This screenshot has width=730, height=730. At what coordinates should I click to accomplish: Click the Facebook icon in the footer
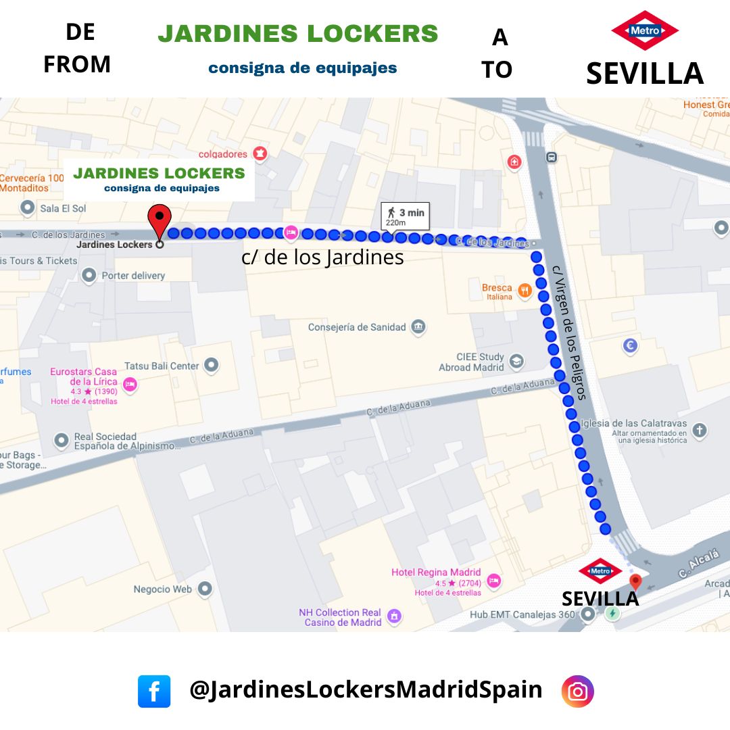tap(154, 691)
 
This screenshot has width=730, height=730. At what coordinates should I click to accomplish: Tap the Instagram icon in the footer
tap(577, 691)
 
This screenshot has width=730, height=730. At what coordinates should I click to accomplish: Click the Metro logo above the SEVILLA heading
tap(644, 30)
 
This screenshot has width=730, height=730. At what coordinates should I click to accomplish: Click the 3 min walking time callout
tap(405, 216)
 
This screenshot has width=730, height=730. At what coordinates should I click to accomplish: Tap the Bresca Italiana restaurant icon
tap(525, 291)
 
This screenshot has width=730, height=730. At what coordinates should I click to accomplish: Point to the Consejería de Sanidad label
tap(357, 327)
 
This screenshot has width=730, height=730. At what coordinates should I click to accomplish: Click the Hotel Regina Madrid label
tap(436, 573)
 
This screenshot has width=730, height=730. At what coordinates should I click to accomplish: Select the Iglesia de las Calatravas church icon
tap(700, 429)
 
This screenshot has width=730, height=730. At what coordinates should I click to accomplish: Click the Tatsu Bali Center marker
tap(212, 366)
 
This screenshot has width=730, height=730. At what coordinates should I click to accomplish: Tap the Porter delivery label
tap(132, 275)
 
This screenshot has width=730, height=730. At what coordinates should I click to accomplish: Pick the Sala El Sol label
tap(63, 208)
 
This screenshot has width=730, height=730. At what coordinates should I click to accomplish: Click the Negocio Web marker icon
tap(205, 589)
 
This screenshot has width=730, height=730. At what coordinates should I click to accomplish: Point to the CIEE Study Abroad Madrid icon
tap(517, 361)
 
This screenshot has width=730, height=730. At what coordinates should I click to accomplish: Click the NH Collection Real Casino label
tap(340, 617)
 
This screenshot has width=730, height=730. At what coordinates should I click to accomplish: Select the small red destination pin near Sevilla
tap(635, 582)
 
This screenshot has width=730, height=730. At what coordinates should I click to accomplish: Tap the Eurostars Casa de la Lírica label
tap(83, 376)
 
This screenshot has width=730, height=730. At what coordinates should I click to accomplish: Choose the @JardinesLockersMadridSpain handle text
tap(366, 689)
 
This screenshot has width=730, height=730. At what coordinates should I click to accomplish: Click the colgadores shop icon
tap(260, 154)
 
